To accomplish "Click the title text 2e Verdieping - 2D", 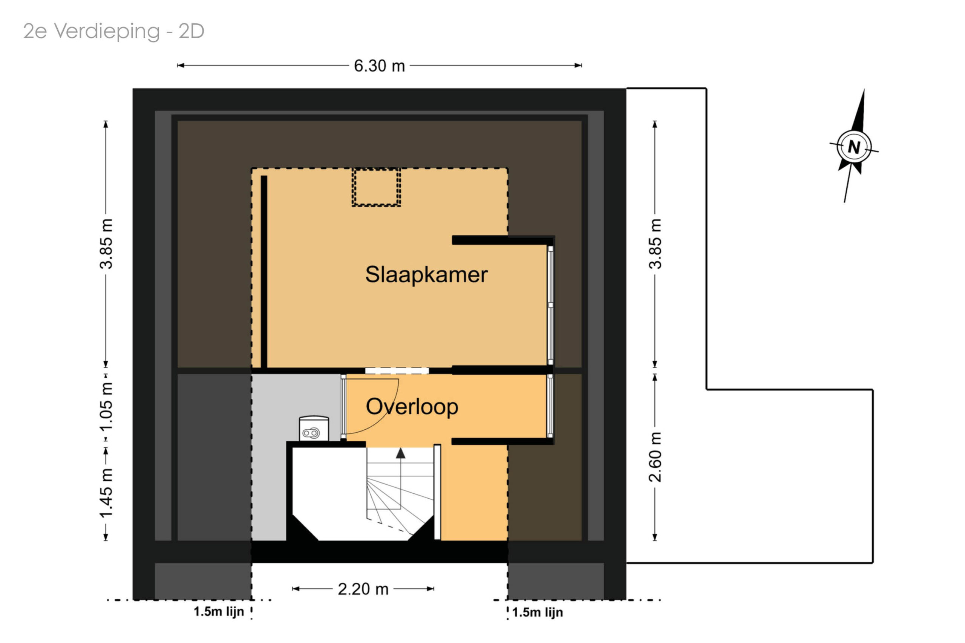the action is pos(113,31).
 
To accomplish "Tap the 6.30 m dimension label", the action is pos(379,66).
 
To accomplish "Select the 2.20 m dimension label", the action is pos(363,589).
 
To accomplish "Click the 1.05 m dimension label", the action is pos(106,406).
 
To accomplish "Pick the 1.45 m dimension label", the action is pos(106,494).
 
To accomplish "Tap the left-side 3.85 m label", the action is pos(106,244).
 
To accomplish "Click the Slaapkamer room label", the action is pos(426,275).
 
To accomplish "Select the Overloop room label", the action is pos(412,407).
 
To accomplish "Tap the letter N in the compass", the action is pos(854,147).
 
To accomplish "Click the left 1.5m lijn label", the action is pos(219,611).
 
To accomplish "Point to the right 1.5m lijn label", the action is pos(537,612).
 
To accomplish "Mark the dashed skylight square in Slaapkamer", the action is pos(376,187).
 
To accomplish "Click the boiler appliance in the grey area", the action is pos(314,429).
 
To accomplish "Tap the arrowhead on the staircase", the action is pos(400,453).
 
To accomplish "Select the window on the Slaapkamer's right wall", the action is pos(550,305).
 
